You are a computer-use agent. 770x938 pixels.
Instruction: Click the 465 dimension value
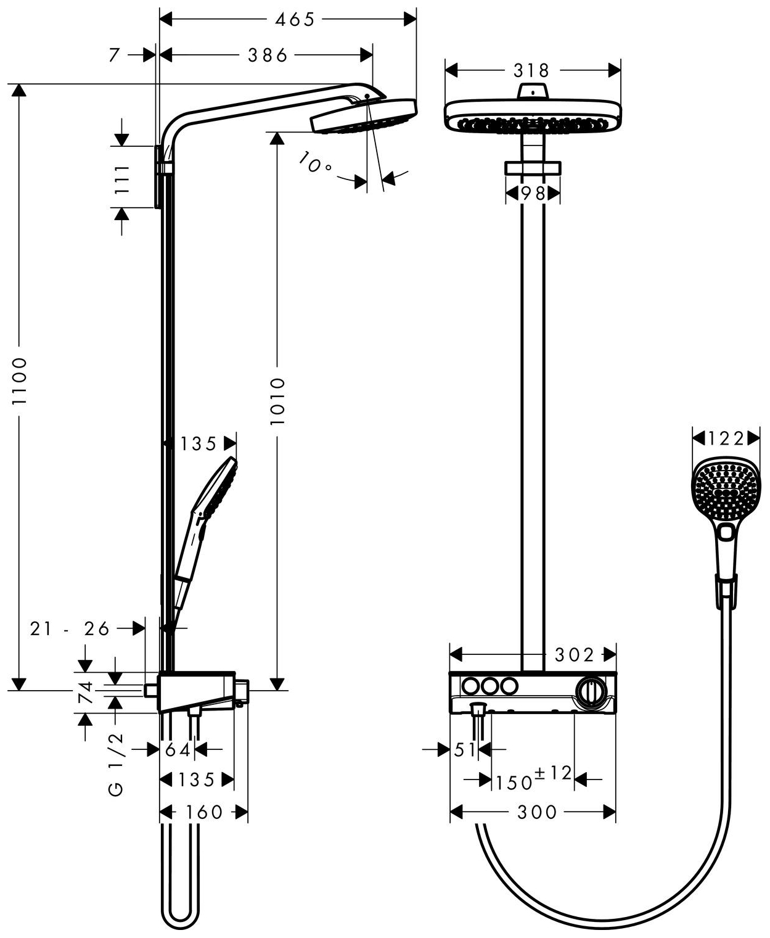point(295,20)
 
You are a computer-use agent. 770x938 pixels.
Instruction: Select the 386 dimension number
point(268,56)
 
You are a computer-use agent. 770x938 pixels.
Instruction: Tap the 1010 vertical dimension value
point(278,401)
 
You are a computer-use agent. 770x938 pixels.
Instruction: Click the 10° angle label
point(314,163)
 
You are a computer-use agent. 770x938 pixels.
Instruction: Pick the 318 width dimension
point(531,70)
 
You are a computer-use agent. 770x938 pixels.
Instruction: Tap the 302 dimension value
point(574,654)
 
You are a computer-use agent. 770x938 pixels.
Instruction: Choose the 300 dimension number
point(537,812)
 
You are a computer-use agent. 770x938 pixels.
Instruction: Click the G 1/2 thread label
point(117,765)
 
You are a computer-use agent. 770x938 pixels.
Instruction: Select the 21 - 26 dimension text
point(70,628)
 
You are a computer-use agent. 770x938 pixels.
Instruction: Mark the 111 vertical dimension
point(122,179)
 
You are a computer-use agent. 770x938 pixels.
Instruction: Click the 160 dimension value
point(204,812)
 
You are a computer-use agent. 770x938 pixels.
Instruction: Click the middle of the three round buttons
point(490,686)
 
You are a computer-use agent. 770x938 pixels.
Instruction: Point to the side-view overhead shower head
point(364,116)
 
